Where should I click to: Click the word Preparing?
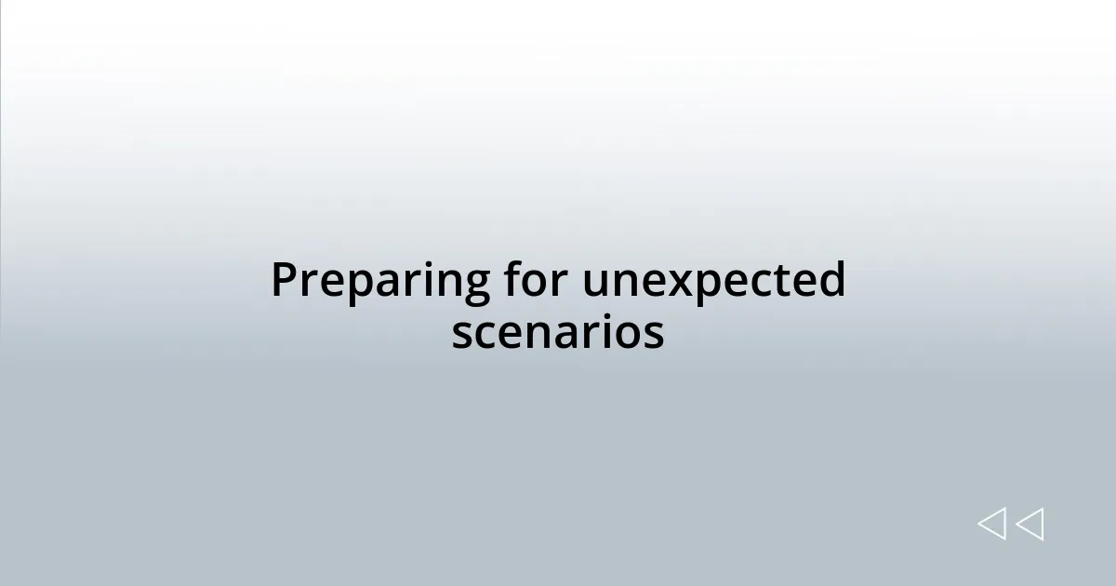click(380, 282)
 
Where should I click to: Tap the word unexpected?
click(714, 282)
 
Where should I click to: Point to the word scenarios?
click(558, 332)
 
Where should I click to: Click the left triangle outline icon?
click(991, 524)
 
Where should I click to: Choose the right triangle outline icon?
click(1030, 524)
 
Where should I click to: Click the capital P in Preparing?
click(284, 280)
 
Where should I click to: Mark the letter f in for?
click(511, 279)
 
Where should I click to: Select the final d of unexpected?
click(830, 280)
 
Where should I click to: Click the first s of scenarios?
click(462, 334)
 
